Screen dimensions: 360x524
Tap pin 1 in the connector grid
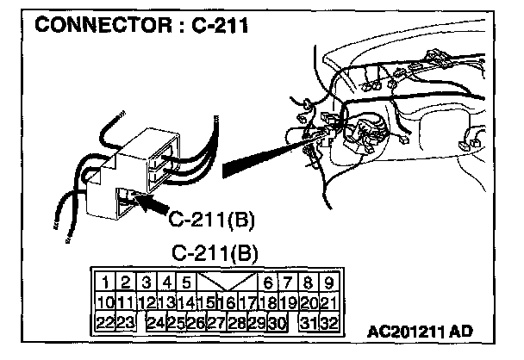[x=103, y=282]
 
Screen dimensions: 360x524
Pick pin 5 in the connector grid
[x=185, y=282]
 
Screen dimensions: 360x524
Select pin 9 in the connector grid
[x=328, y=282]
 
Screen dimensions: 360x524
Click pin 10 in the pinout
[x=105, y=302]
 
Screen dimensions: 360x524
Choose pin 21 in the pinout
[x=327, y=302]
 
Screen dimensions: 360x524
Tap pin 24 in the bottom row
[x=156, y=323]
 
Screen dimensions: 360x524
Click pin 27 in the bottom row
[x=216, y=323]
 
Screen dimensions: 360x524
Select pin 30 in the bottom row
[x=276, y=323]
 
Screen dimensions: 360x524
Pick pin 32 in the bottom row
[x=327, y=323]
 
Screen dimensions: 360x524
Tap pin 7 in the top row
[x=289, y=282]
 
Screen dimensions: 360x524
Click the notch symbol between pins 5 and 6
[x=226, y=282]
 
